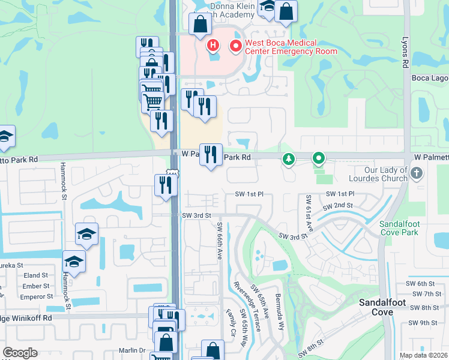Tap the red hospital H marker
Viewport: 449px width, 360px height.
(212, 45)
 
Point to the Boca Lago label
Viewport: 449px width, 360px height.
(429, 77)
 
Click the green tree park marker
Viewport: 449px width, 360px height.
(289, 158)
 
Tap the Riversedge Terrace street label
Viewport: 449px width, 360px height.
(247, 307)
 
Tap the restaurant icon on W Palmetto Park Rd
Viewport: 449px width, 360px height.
(211, 154)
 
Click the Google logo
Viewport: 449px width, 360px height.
(20, 353)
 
